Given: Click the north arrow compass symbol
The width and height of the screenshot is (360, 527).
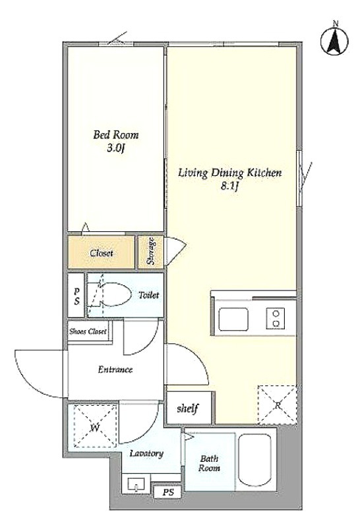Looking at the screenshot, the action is coord(334,41).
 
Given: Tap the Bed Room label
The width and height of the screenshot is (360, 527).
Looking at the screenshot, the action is coord(116,135).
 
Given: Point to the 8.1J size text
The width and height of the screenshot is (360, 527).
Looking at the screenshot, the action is coord(229,186).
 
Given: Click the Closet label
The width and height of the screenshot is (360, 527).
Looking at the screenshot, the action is coord(102,253).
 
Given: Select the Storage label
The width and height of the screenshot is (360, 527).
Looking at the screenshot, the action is coord(151,251).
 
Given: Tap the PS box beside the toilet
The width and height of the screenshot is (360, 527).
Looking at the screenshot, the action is coord(76,295).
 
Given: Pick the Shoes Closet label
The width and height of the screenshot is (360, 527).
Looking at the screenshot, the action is coord(88,331).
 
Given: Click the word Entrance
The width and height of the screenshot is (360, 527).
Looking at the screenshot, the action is coord(115,370).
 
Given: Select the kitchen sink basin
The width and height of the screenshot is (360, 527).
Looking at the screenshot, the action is coord(233,319).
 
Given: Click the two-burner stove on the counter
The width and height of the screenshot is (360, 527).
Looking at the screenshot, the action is coord(276,318).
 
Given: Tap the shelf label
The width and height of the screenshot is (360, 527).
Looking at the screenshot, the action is coord(188,408).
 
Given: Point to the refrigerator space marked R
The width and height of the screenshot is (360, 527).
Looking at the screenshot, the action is coord(278,404).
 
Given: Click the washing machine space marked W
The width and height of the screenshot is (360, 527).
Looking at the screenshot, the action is coord(95,426).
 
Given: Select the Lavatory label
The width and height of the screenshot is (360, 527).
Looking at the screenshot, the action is coord(146,454).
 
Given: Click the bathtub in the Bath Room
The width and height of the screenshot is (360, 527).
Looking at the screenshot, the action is coord(255,460).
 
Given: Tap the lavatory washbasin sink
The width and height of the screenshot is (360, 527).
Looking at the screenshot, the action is coord(136,484).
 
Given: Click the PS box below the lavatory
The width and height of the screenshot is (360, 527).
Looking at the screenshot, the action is coord(168,492).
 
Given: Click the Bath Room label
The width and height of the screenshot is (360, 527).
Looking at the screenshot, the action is coord(209,463).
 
